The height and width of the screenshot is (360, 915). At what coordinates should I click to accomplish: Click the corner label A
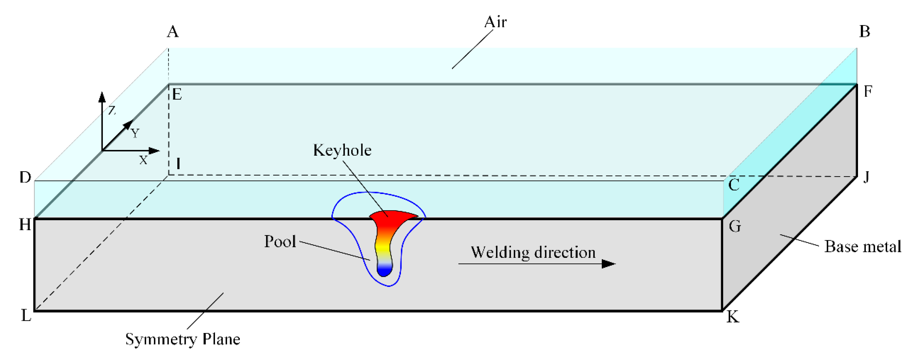click(x=173, y=32)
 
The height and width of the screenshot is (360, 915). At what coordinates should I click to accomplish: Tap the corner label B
click(x=865, y=32)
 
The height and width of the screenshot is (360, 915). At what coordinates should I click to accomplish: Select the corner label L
click(x=26, y=315)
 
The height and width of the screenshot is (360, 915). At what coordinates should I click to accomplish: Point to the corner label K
click(x=733, y=317)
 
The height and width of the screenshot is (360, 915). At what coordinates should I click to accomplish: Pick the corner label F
click(x=868, y=92)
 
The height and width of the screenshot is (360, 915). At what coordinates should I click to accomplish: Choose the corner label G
click(x=735, y=226)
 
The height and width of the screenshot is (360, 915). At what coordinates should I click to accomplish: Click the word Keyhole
click(x=342, y=151)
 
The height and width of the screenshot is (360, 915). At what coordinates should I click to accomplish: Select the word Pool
click(x=280, y=242)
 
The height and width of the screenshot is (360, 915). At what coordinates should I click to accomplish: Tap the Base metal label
click(x=862, y=247)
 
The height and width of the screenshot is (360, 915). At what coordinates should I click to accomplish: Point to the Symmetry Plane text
click(x=182, y=339)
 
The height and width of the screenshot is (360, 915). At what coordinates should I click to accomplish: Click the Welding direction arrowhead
click(x=609, y=263)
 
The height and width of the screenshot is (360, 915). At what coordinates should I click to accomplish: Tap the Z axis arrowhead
click(x=102, y=97)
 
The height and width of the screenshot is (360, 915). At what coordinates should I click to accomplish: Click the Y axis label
click(x=135, y=134)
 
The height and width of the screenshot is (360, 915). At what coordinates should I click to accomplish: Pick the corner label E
click(x=177, y=95)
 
